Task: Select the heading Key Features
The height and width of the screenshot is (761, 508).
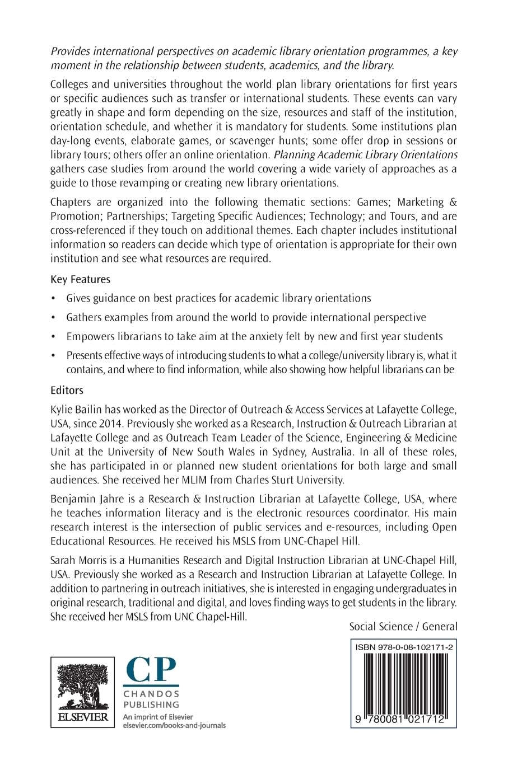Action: tap(80, 279)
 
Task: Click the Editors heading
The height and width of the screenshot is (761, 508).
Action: tap(67, 390)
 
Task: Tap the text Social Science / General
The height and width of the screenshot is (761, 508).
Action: tap(403, 626)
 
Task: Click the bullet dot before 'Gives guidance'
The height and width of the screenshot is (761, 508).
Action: tap(53, 299)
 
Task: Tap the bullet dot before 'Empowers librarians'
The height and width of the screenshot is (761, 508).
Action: tap(53, 337)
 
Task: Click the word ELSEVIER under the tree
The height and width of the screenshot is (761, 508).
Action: tap(82, 717)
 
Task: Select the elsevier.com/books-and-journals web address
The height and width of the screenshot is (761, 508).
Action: tap(174, 725)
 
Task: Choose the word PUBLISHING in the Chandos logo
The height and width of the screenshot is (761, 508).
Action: tap(151, 704)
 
